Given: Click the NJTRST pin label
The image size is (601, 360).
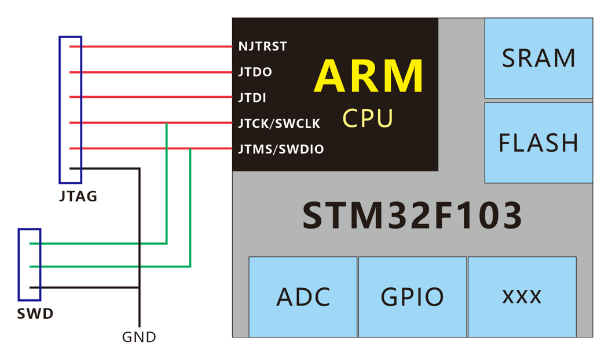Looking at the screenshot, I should (262, 46).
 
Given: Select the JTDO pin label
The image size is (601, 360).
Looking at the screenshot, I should (255, 72).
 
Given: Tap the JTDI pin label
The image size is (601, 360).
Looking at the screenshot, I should (252, 98).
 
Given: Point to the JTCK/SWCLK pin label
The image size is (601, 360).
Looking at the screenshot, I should (279, 123).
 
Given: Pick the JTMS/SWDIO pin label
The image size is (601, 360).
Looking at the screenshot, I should (281, 149).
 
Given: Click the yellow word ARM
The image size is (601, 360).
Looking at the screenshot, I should (369, 75).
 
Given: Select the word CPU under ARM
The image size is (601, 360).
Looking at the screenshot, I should (368, 118).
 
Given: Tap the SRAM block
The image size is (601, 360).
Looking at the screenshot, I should (538, 58).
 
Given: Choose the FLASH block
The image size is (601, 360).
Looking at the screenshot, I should (538, 142).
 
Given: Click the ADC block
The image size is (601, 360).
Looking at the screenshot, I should (303, 297).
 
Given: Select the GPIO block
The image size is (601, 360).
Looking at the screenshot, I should (412, 297).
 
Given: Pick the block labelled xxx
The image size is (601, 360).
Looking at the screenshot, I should (522, 297).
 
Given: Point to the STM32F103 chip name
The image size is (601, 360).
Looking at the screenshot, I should (412, 215).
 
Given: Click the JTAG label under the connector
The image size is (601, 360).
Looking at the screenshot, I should (78, 197).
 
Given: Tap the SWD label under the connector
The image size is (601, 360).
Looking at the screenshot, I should (35, 314).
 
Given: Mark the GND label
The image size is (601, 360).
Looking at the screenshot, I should (139, 337).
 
